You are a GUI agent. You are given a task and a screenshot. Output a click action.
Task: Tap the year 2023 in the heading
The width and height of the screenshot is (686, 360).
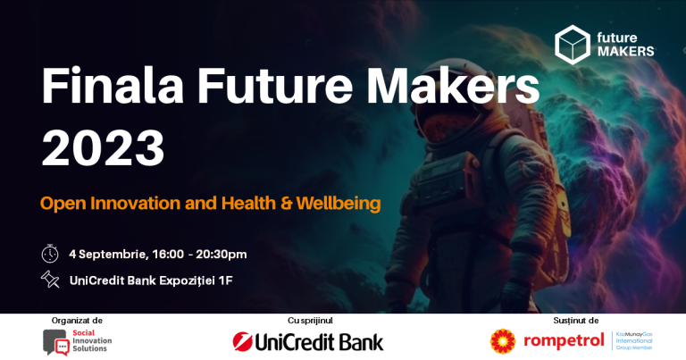(x=103, y=147)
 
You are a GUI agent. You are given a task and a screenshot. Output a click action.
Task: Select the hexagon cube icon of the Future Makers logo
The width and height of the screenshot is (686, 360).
(x=572, y=45)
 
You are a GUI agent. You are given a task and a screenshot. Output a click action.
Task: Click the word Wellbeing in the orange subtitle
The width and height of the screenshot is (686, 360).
(x=339, y=203)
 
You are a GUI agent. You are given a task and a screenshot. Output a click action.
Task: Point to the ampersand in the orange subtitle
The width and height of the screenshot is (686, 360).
(x=287, y=203)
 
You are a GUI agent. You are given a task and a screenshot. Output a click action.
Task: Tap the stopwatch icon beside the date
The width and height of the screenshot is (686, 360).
(x=50, y=254)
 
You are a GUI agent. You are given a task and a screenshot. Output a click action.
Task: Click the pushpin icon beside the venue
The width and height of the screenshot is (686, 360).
(x=50, y=280)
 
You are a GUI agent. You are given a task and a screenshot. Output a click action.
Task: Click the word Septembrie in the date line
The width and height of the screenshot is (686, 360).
(x=111, y=254)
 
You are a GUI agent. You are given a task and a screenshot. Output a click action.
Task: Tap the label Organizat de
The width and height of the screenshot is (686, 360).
(x=77, y=320)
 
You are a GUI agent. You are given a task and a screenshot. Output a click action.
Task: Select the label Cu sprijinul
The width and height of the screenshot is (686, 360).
(x=310, y=320)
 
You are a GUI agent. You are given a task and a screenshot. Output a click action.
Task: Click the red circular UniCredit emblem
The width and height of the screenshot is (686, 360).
(x=241, y=341)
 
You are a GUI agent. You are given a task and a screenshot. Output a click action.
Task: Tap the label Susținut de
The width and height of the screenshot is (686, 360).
(x=576, y=320)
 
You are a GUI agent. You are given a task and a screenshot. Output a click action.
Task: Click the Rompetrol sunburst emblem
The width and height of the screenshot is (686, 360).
(x=503, y=341)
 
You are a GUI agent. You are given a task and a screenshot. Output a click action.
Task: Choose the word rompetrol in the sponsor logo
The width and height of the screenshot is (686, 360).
(x=564, y=341)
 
